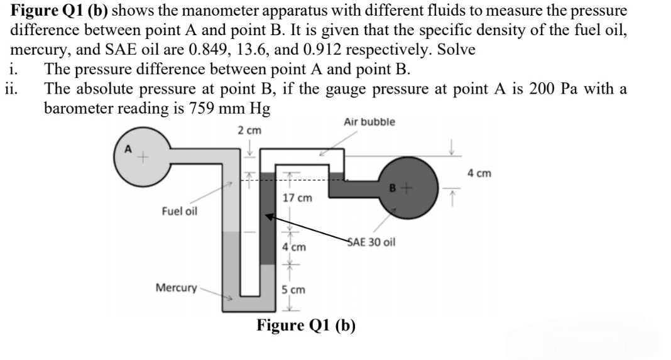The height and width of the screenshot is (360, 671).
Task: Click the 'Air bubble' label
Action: [x=369, y=123]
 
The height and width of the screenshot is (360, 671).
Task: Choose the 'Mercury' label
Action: [x=175, y=288]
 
